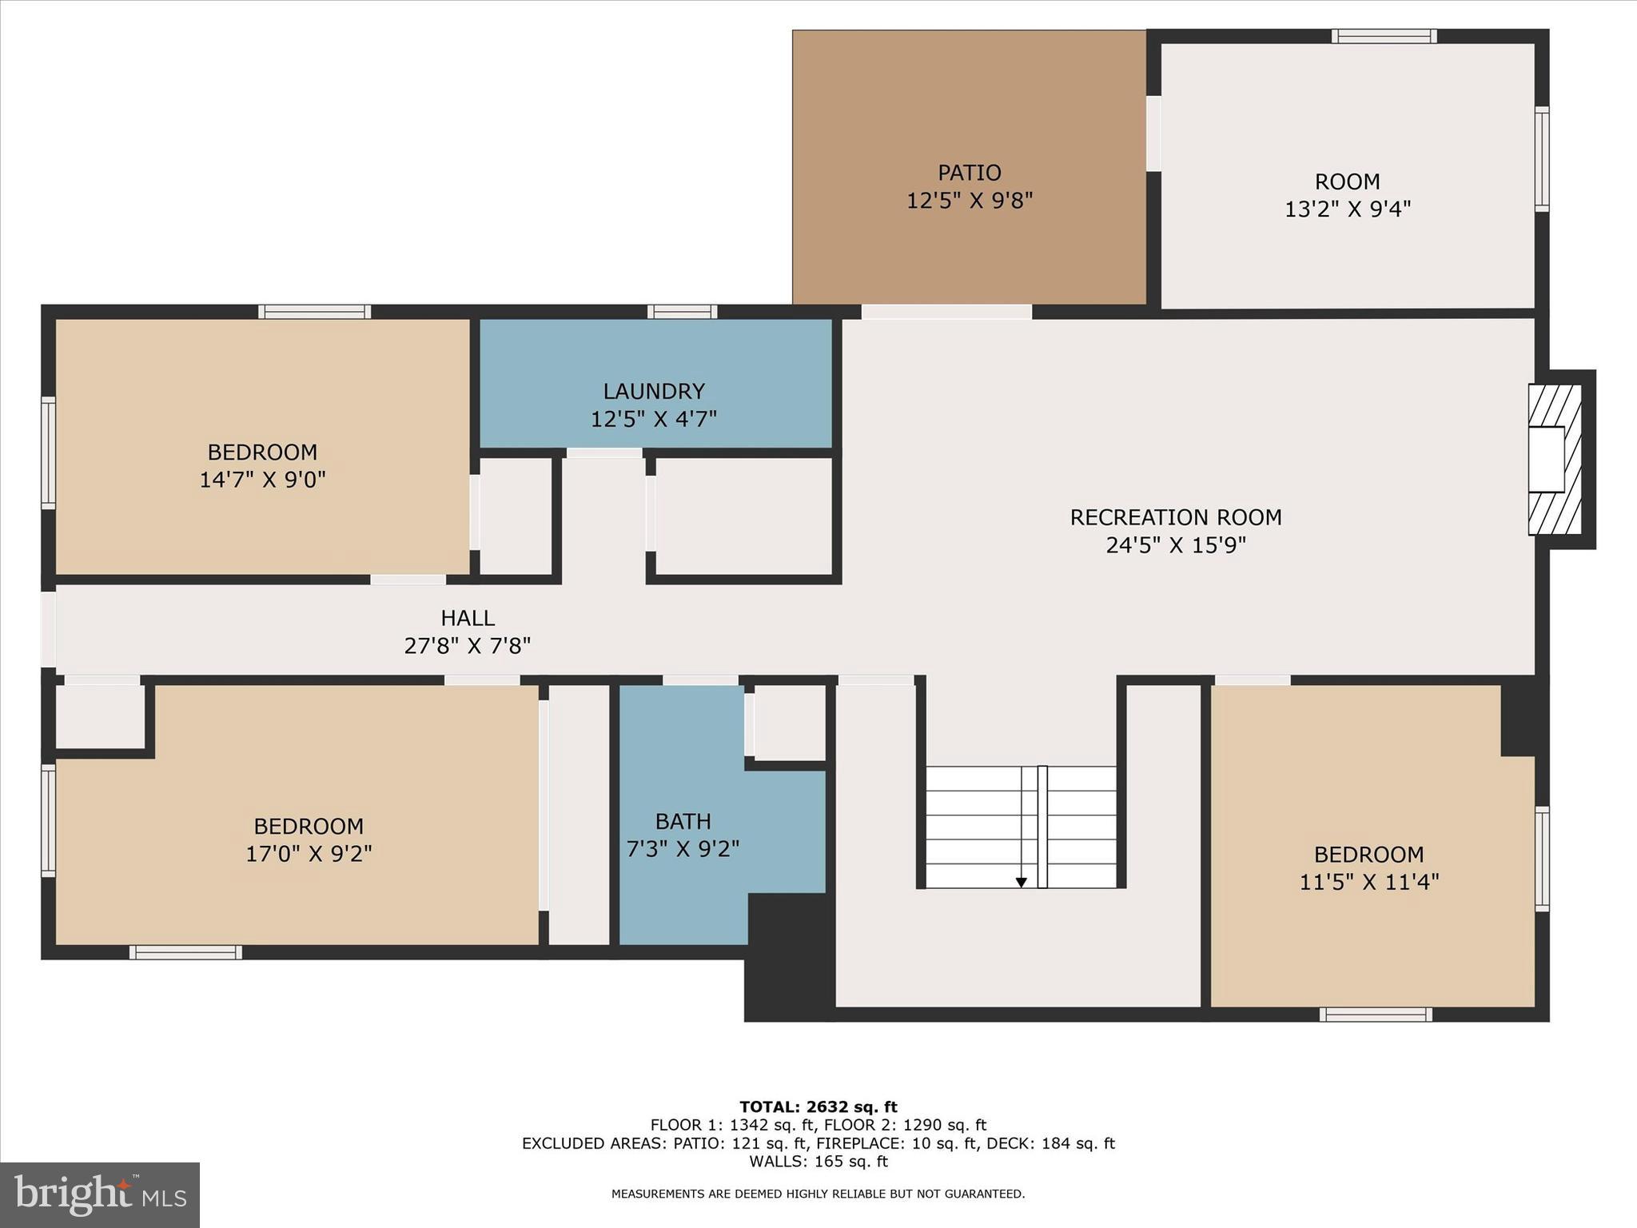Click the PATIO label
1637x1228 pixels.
(969, 173)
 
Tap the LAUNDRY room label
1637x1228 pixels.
(653, 391)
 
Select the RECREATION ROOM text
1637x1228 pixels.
(1175, 517)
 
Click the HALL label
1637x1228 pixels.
(468, 618)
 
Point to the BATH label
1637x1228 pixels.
(683, 821)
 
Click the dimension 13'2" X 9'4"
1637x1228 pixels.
(1347, 209)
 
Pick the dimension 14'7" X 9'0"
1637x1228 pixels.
(262, 480)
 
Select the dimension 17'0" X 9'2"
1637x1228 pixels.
(309, 854)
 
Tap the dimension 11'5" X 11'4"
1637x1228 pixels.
(1368, 882)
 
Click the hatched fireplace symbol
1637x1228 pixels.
(1555, 460)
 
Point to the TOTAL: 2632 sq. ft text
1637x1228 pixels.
(818, 1107)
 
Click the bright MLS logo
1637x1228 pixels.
(100, 1194)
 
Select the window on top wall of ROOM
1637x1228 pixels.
(1384, 36)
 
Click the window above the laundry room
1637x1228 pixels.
(682, 312)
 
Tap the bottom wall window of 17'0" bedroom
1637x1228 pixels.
(185, 952)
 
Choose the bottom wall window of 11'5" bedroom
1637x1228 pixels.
(1375, 1015)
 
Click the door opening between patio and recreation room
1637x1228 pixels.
(946, 312)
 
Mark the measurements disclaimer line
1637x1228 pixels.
(818, 1194)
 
